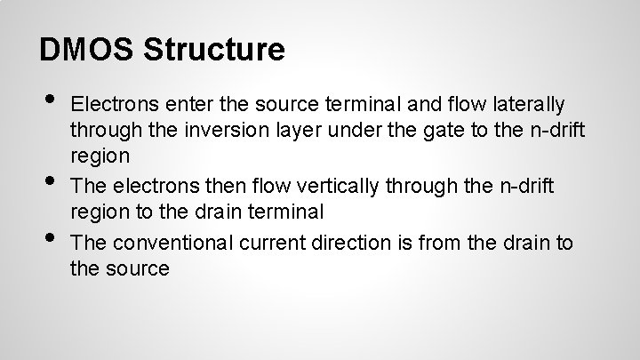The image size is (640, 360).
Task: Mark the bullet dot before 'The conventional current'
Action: point(50,233)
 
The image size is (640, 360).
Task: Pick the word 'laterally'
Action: point(525,107)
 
